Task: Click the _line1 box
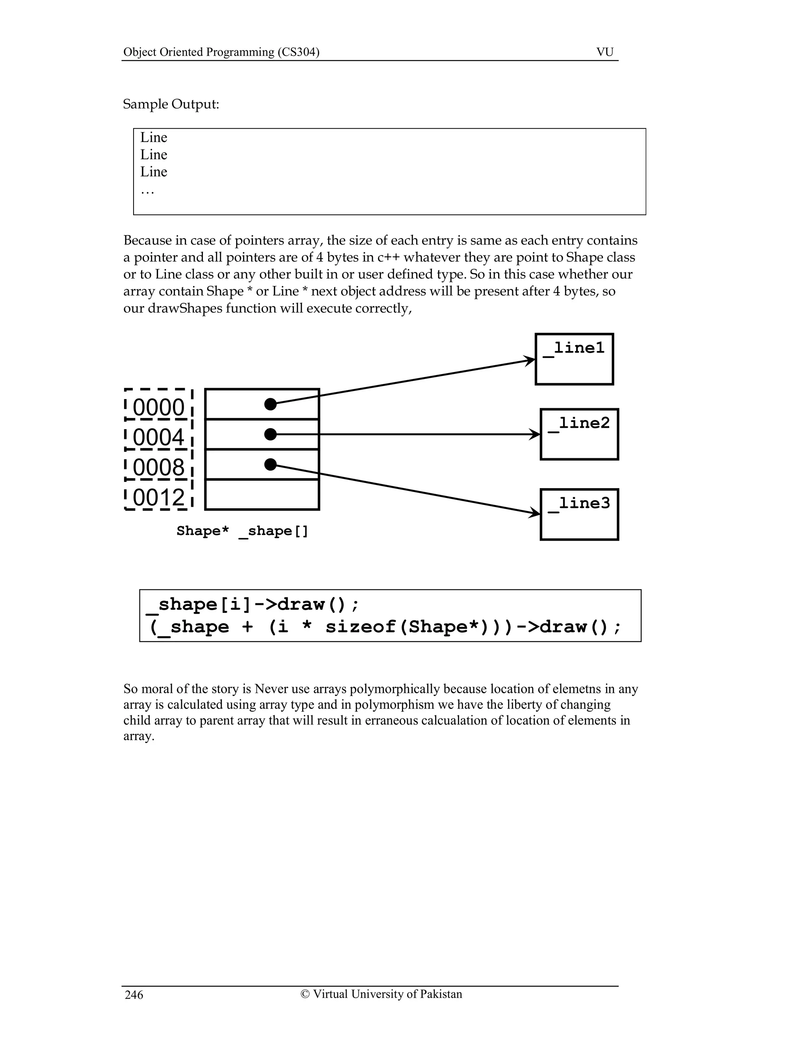(x=574, y=359)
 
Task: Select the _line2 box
(x=579, y=434)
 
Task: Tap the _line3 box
(x=579, y=514)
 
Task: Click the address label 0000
(x=158, y=407)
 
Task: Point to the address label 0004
(x=158, y=437)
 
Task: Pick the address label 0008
(x=158, y=467)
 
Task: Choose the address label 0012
(x=158, y=498)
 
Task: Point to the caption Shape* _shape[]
(x=242, y=531)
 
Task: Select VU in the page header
(x=605, y=52)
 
